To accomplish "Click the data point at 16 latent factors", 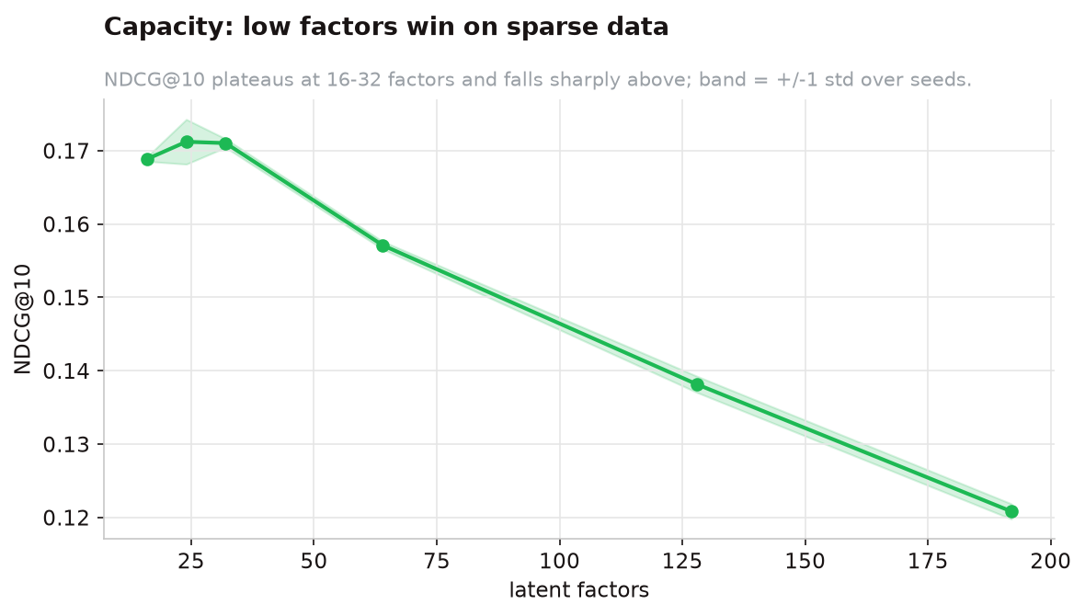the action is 147,160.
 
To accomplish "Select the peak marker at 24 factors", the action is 187,142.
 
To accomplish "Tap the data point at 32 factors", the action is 225,143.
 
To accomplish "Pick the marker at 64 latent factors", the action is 383,245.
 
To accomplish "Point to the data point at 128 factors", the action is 697,384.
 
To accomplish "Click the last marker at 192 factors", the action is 1011,511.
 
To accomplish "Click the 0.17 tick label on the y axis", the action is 67,151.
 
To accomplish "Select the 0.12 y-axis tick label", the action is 67,518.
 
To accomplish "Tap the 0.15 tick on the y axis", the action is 67,298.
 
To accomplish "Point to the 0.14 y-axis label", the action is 67,371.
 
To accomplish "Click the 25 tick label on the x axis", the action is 191,561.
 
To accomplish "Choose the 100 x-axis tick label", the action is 559,561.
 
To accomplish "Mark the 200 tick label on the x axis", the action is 1050,561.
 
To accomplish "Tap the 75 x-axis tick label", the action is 437,561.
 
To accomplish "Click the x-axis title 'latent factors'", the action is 579,589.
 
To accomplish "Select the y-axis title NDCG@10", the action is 22,319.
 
